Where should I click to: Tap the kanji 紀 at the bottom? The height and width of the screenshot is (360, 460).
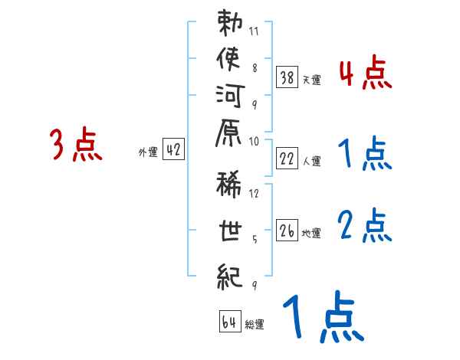click(229, 276)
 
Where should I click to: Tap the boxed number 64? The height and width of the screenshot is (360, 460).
click(229, 322)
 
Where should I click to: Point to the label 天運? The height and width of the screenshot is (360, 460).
click(312, 80)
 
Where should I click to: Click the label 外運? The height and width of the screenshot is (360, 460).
click(148, 152)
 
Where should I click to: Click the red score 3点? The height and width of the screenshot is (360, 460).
click(76, 144)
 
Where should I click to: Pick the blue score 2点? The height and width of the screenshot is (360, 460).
click(365, 225)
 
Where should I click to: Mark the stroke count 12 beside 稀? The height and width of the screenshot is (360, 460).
click(255, 193)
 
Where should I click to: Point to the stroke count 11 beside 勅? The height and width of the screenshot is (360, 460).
click(255, 32)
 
